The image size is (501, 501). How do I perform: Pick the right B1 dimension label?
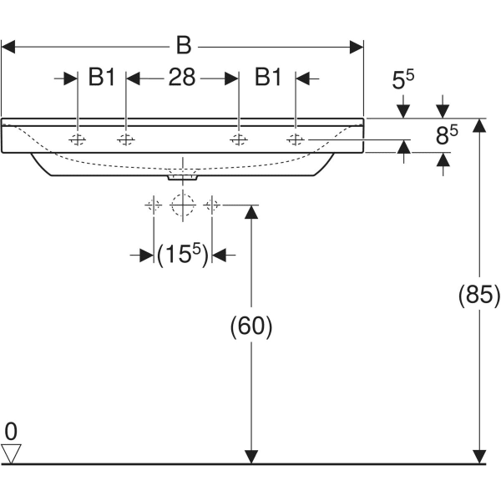click(267, 78)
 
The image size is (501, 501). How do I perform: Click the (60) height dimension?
click(251, 326)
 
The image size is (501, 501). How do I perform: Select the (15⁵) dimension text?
click(182, 255)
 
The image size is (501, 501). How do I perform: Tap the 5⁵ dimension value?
click(403, 82)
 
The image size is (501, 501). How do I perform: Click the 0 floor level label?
click(10, 431)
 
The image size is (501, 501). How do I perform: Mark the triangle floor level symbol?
click(11, 453)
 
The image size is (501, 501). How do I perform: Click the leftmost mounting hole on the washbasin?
click(78, 139)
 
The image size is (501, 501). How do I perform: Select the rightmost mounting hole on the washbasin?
click(296, 139)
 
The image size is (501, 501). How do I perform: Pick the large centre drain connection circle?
click(182, 205)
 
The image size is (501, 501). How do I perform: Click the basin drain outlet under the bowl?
click(182, 175)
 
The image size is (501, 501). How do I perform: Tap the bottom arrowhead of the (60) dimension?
click(250, 456)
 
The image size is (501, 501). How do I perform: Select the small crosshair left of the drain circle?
click(153, 205)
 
